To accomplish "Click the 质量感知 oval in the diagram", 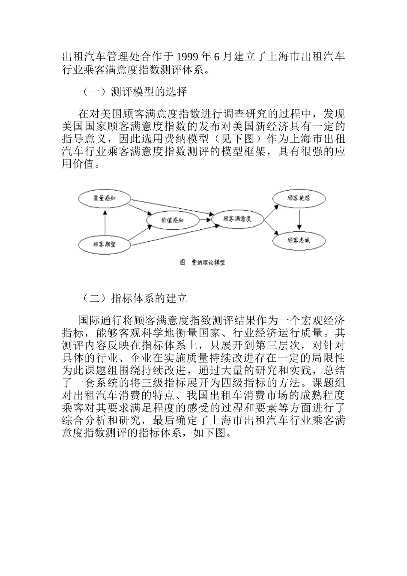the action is point(105,198).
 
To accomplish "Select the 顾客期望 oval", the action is point(105,244).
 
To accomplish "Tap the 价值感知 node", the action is point(172,220).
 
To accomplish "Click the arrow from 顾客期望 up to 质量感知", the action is point(105,222).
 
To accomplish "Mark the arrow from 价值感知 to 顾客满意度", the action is point(205,220).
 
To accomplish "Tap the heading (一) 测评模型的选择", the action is point(133,91).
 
